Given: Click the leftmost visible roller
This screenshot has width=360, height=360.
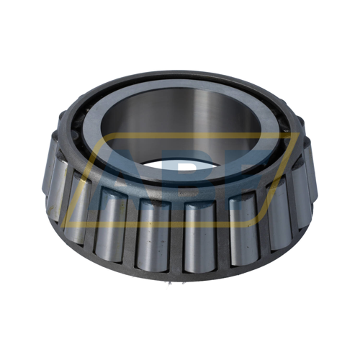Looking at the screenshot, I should coord(55,184).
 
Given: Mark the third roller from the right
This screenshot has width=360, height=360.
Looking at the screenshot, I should coord(245,223).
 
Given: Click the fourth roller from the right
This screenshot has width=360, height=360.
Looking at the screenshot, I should coord(201,234).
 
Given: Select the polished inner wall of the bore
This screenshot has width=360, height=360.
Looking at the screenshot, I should coord(180,115).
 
